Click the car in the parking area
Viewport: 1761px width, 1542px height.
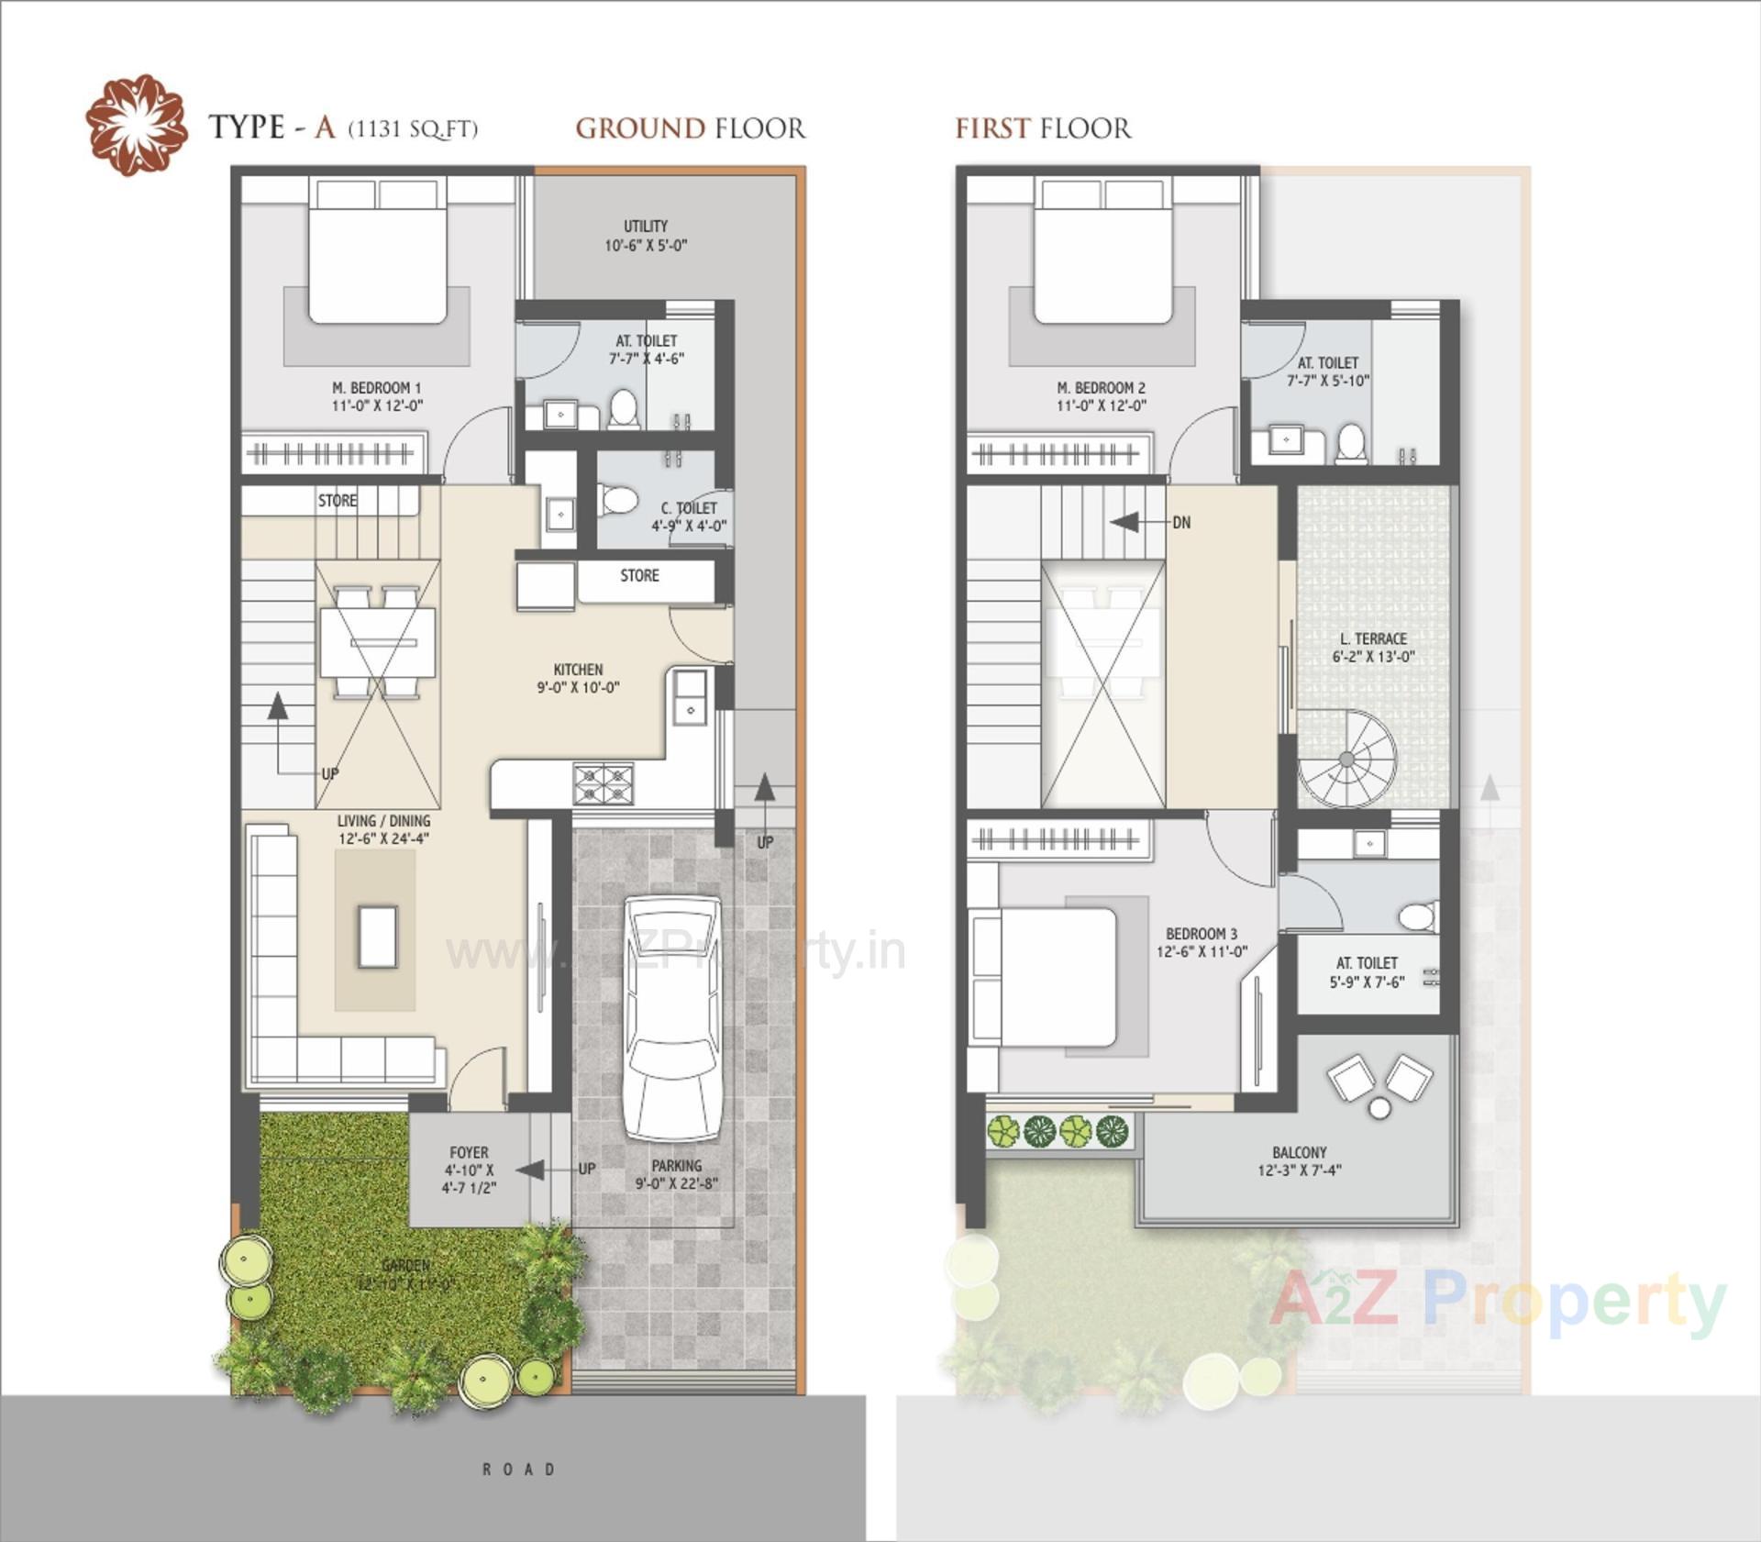coord(672,1018)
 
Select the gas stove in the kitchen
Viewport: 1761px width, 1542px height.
coord(603,784)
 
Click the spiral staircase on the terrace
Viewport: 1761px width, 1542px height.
coord(1346,760)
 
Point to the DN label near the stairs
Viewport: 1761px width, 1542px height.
coord(1181,523)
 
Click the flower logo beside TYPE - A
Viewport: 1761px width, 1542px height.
coord(137,125)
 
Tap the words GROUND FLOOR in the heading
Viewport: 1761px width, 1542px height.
coord(690,128)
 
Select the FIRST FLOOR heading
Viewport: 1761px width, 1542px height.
coord(1043,128)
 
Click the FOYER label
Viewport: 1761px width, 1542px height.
coord(469,1152)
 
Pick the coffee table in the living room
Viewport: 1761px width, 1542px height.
coord(377,937)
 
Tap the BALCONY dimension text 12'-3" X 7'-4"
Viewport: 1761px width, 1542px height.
coord(1299,1170)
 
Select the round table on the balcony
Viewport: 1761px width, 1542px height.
coord(1379,1109)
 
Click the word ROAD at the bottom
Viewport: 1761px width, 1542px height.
coord(519,1470)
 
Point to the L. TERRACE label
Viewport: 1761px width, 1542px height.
coord(1373,638)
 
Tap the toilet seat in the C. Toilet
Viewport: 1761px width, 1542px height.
coord(619,501)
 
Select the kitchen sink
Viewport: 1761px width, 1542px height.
coord(690,697)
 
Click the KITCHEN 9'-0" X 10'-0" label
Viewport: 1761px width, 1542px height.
coord(578,679)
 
